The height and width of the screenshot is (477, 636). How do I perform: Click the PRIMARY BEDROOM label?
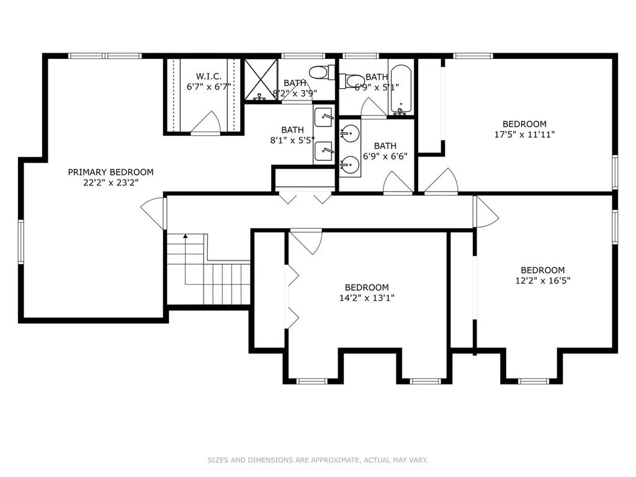point(110,172)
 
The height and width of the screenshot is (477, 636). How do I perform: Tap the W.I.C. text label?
point(209,76)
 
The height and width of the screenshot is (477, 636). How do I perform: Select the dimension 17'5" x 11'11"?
point(524,134)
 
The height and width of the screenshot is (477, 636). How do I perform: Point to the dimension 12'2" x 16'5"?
point(543,280)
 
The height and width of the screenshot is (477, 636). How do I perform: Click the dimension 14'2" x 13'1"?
point(367,298)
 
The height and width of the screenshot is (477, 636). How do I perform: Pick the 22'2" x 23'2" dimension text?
point(110,182)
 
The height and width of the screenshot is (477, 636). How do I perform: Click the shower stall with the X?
point(261,79)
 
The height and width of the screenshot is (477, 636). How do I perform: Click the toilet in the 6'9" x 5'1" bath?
point(352,81)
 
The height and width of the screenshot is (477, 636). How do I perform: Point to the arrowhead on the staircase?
point(186,236)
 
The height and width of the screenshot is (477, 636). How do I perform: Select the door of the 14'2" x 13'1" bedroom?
point(307,242)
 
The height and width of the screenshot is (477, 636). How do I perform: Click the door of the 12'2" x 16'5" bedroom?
point(486,212)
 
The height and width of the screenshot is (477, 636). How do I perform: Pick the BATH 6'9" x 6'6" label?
point(385,151)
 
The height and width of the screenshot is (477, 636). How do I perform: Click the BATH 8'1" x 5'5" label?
point(292,135)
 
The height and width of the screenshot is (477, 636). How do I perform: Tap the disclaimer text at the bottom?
point(318,460)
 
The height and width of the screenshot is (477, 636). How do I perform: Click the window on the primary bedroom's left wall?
point(20,242)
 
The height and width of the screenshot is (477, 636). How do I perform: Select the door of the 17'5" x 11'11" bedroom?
point(441,181)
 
